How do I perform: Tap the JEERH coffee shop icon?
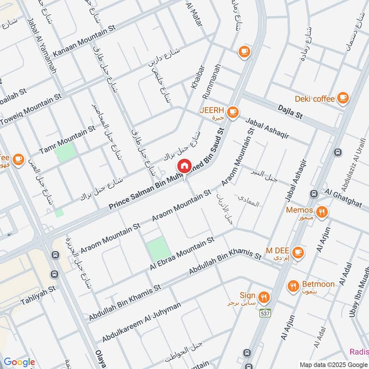tap(233, 112)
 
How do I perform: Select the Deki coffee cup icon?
tap(342, 97)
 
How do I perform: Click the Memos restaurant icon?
tap(322, 211)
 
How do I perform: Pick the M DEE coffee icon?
tap(298, 252)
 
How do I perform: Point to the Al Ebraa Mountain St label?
tap(182, 254)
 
